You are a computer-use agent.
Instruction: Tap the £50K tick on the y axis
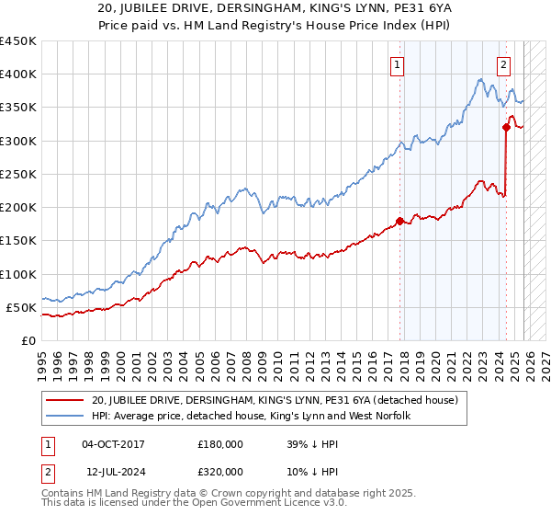[21, 307]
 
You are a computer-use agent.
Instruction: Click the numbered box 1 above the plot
[398, 64]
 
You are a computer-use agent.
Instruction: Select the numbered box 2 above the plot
[504, 64]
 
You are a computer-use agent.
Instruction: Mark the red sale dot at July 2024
[505, 128]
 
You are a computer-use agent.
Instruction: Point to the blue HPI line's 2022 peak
[480, 80]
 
